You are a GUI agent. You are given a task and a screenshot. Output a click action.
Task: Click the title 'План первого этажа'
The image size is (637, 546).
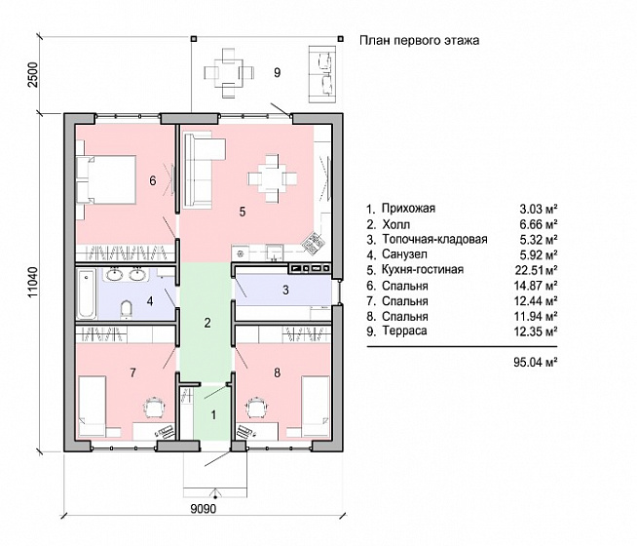419,40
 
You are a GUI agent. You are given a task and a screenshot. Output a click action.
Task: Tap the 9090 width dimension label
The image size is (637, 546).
204,508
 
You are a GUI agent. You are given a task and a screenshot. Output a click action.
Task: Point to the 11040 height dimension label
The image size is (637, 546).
33,282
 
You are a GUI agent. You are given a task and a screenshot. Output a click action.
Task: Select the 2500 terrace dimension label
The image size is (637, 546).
33,74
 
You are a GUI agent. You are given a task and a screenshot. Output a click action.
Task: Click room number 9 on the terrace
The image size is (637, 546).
277,73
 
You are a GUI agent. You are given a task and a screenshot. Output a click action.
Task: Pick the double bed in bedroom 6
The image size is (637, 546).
106,179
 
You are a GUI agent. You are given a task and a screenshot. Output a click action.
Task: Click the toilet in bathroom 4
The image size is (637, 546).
127,309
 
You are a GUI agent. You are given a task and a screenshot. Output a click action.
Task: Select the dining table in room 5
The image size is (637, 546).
273,178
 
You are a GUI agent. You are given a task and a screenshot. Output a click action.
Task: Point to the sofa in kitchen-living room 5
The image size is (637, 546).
201,170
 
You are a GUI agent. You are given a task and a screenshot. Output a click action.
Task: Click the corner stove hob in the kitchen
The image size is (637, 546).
314,243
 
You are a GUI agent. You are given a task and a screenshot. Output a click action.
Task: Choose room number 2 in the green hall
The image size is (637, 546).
207,323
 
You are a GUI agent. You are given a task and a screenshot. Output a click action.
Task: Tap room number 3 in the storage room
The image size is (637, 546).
285,290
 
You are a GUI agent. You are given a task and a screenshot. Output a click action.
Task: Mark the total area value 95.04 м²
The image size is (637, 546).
535,362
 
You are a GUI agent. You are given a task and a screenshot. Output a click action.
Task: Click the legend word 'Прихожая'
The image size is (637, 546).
408,209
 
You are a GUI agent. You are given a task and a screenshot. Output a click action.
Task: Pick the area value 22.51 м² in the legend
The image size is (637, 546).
536,270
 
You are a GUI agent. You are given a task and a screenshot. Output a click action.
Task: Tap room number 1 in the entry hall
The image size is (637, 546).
213,415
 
